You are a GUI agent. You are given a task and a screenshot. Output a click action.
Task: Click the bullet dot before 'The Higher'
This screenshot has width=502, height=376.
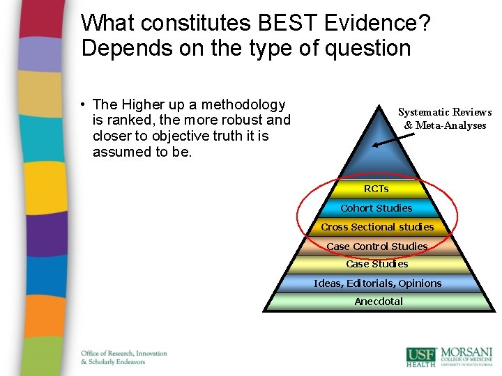point(82,105)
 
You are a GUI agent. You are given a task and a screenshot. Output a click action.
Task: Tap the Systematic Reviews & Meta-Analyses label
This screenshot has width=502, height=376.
point(445,118)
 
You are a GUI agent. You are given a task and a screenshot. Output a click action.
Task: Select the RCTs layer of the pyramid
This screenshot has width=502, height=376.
point(376,189)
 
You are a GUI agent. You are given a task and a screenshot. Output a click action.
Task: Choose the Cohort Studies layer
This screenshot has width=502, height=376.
point(376,207)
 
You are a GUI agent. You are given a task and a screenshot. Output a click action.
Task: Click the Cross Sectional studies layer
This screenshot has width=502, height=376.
point(377,226)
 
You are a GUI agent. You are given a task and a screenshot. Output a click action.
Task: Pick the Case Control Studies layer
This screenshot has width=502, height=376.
point(377,246)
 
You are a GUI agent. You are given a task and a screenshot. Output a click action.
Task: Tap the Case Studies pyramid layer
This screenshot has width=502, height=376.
point(377,264)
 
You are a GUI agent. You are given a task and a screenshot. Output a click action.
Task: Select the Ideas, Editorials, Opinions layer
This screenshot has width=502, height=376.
point(377,283)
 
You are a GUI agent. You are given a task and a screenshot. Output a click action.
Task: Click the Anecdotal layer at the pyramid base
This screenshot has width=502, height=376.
point(379,301)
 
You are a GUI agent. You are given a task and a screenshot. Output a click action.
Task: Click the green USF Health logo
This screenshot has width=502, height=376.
point(421,356)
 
